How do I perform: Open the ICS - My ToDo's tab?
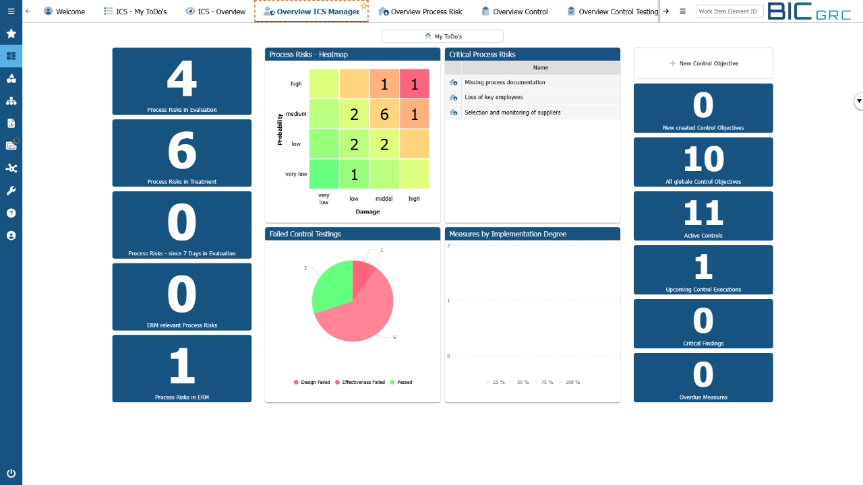(x=136, y=11)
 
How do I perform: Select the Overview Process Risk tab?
(x=421, y=11)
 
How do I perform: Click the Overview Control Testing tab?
(x=613, y=11)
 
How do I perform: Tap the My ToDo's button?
(x=442, y=36)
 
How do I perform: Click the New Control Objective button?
(x=703, y=63)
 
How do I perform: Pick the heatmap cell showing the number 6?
(x=384, y=114)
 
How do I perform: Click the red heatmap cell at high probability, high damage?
(x=415, y=84)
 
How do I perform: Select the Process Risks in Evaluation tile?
(x=182, y=82)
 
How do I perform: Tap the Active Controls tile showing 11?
(x=703, y=216)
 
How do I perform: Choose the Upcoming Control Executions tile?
(x=703, y=269)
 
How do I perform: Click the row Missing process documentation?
(x=504, y=82)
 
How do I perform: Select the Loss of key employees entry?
(x=494, y=98)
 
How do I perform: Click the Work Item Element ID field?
(x=727, y=11)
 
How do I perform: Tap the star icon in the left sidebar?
(x=11, y=34)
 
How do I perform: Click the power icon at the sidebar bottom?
(x=11, y=474)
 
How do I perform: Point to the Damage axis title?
(x=367, y=212)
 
